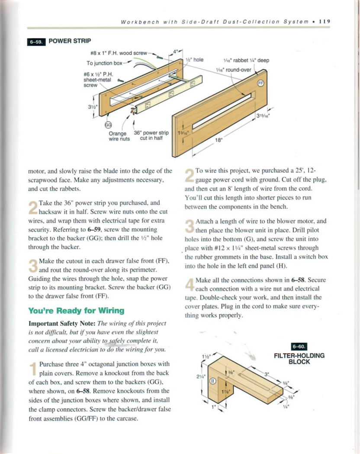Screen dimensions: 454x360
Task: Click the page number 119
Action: pos(325,21)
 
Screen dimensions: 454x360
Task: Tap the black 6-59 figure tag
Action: pos(36,42)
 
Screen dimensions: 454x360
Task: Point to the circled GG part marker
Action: pos(109,125)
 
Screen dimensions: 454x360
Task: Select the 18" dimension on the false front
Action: pos(219,140)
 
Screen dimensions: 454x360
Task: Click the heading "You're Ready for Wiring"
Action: pos(76,310)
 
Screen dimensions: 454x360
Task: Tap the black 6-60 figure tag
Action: pos(299,346)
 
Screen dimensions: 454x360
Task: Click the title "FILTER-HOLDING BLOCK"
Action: pos(299,358)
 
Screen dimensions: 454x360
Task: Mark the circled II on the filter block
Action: pos(212,381)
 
